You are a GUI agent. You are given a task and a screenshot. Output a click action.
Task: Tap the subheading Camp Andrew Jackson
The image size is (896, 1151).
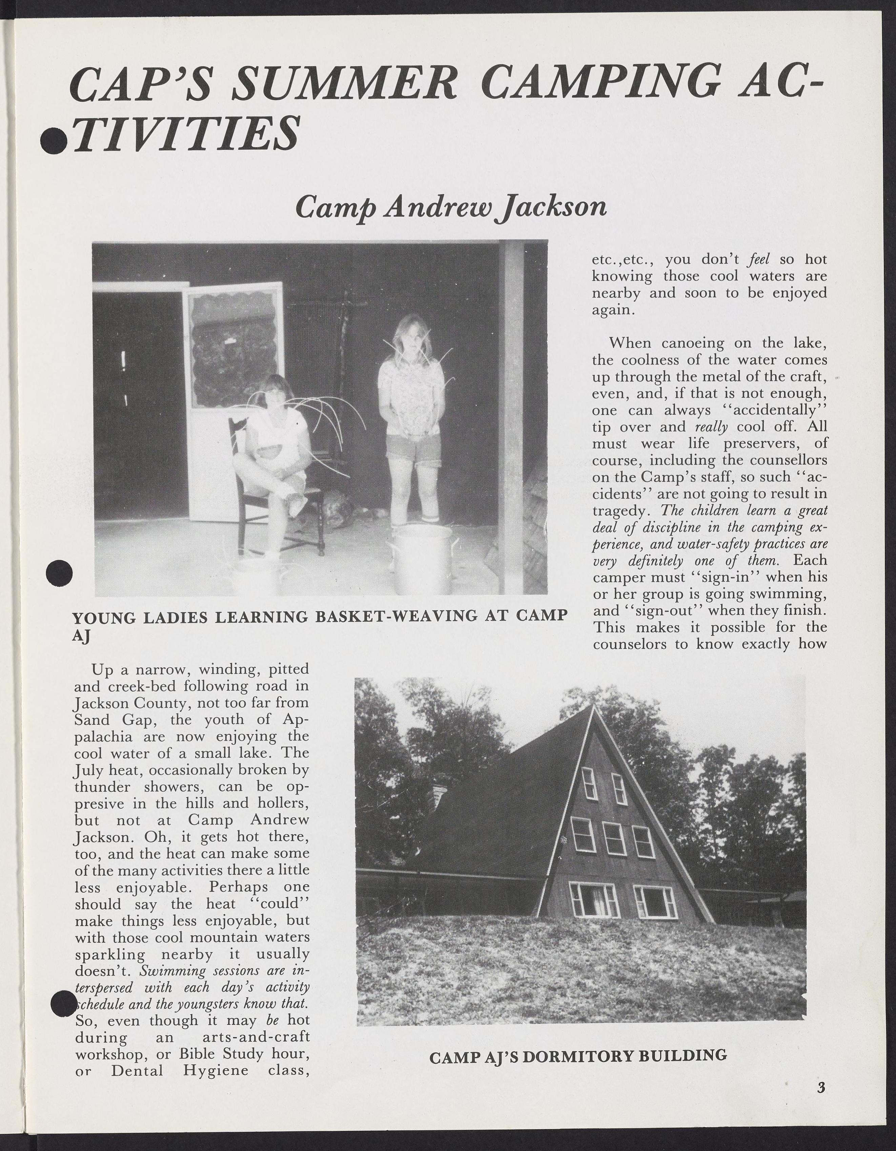pos(451,207)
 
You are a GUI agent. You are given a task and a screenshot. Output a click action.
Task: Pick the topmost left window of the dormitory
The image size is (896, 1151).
pos(589,782)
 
